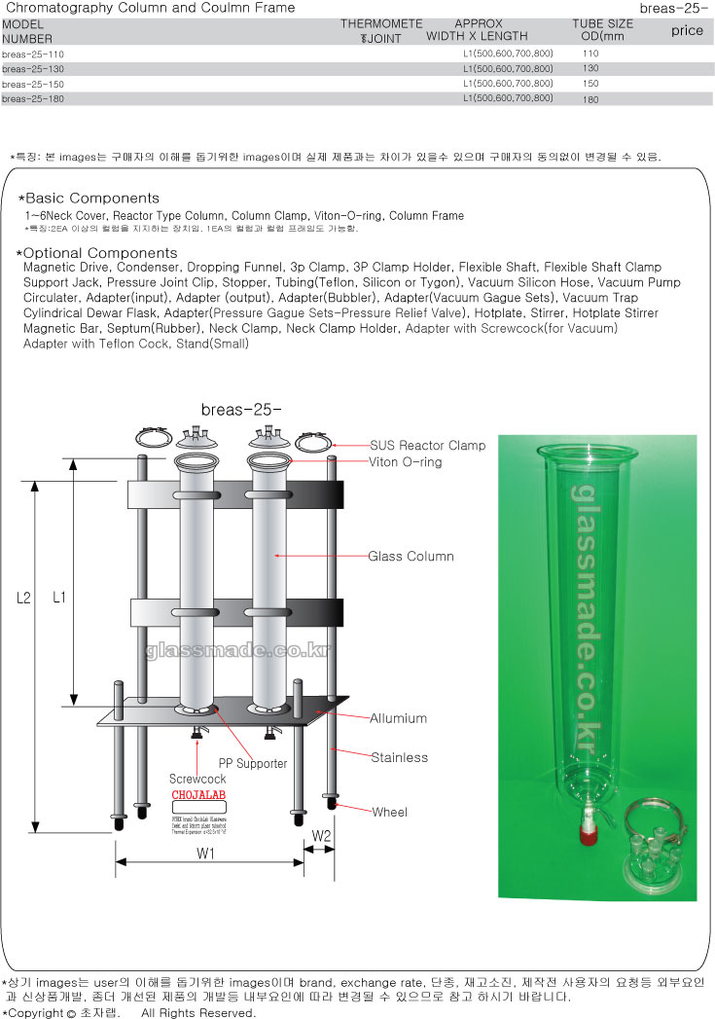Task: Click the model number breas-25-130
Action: [33, 69]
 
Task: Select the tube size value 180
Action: [590, 99]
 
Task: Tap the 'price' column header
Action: [687, 30]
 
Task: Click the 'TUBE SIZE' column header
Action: [602, 24]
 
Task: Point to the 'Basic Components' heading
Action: [93, 199]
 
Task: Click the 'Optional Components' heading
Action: [99, 253]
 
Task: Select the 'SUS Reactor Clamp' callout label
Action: [427, 446]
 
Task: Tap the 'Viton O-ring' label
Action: [405, 462]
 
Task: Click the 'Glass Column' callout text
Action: [411, 557]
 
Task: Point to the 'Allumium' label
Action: [398, 718]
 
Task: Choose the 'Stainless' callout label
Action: [399, 757]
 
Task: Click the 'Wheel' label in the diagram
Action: [389, 812]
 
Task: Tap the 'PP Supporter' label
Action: [252, 763]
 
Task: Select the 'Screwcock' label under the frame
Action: [197, 780]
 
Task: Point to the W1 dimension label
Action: [205, 855]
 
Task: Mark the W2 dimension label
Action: [321, 835]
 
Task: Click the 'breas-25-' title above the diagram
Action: [240, 409]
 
